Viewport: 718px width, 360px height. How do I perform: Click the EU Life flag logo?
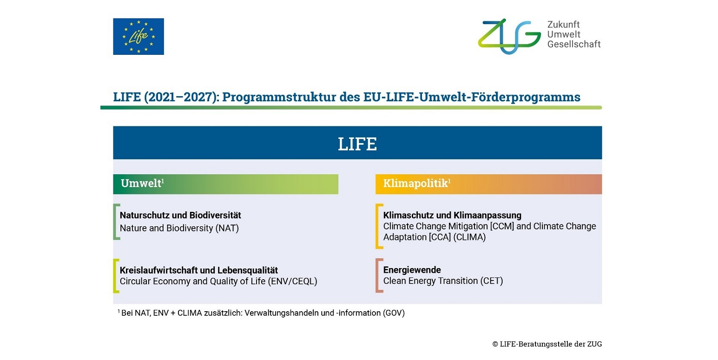138,36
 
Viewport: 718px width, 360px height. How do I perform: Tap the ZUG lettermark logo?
509,36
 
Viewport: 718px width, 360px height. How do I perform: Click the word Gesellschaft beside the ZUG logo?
574,44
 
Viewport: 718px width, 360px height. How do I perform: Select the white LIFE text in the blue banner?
357,144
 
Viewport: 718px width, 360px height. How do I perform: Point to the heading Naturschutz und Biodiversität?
180,215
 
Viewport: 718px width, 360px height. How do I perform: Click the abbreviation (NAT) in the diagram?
227,228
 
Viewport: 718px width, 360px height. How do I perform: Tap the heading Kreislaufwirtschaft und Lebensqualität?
199,270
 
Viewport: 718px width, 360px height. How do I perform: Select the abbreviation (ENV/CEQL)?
293,281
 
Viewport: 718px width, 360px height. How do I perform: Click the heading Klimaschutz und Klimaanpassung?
452,215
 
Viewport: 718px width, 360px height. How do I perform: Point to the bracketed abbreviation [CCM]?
502,226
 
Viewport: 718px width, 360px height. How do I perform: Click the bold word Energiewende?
412,270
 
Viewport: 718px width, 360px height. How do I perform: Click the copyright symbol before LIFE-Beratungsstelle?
495,344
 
